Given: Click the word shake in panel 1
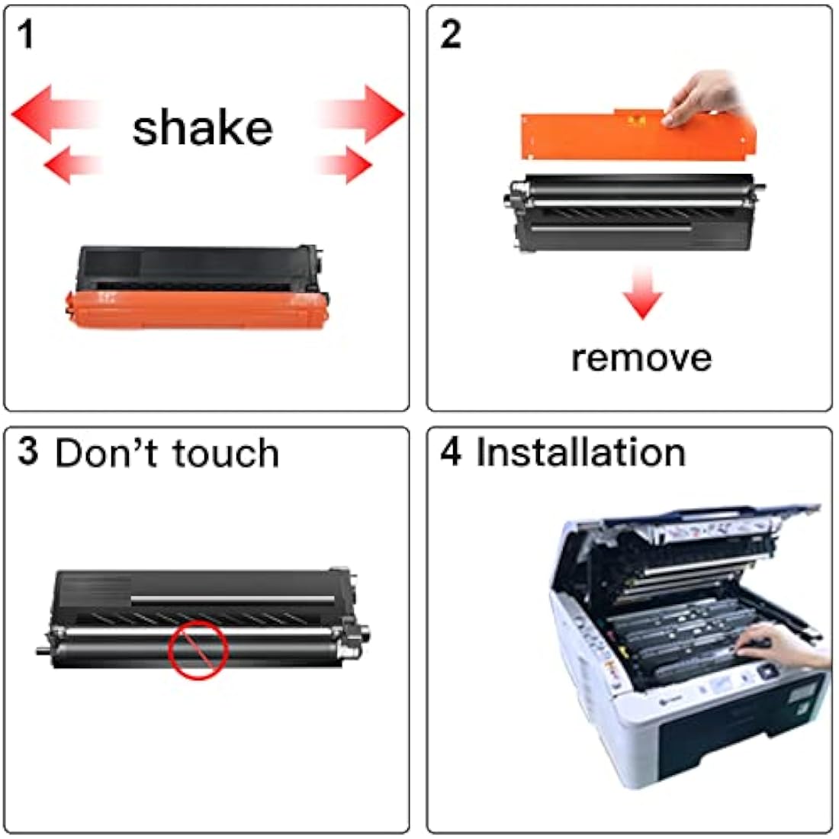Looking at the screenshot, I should coord(202,127).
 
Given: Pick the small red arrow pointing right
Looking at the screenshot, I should coord(347,164).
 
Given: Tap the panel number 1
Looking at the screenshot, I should coord(27,35).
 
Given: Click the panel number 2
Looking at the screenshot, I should coord(450,35).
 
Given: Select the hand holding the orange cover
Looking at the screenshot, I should coord(706,99).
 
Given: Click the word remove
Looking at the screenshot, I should coord(641,357).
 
